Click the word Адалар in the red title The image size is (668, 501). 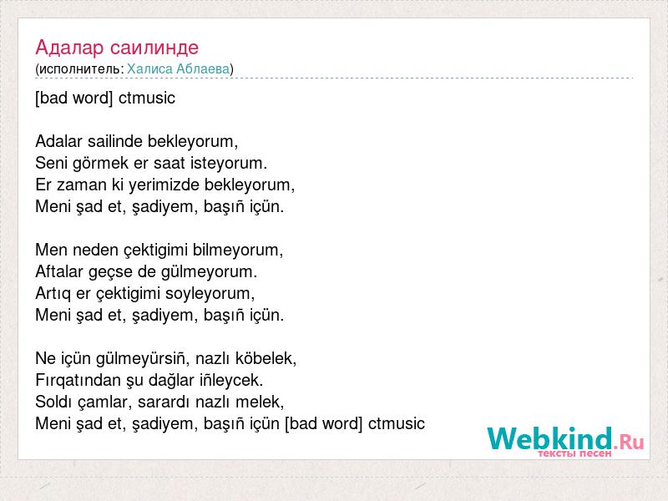pos(69,48)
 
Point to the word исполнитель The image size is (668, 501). pos(79,69)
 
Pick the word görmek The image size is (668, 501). pos(101,163)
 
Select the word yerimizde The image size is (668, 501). pos(164,185)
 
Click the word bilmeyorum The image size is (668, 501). pos(238,250)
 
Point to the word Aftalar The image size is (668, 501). pos(59,271)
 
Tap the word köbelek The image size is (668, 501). pos(266,359)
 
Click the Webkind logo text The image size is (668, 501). pos(565,438)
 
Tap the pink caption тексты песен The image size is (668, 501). pos(575,453)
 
